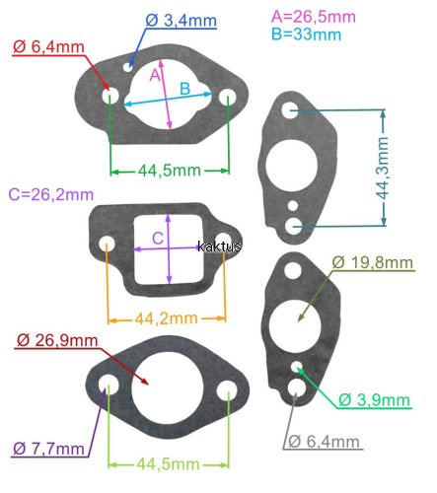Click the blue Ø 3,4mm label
pos(181,21)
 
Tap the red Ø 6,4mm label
pos(48,47)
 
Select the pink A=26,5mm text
pos(314,17)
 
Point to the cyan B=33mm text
pos(307,35)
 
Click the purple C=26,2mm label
pos(51,194)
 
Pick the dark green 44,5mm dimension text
pos(170,171)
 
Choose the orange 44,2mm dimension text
pos(167,318)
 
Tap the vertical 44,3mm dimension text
pos(383,168)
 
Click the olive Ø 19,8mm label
pos(373,262)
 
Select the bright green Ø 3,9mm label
pos(374,400)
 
